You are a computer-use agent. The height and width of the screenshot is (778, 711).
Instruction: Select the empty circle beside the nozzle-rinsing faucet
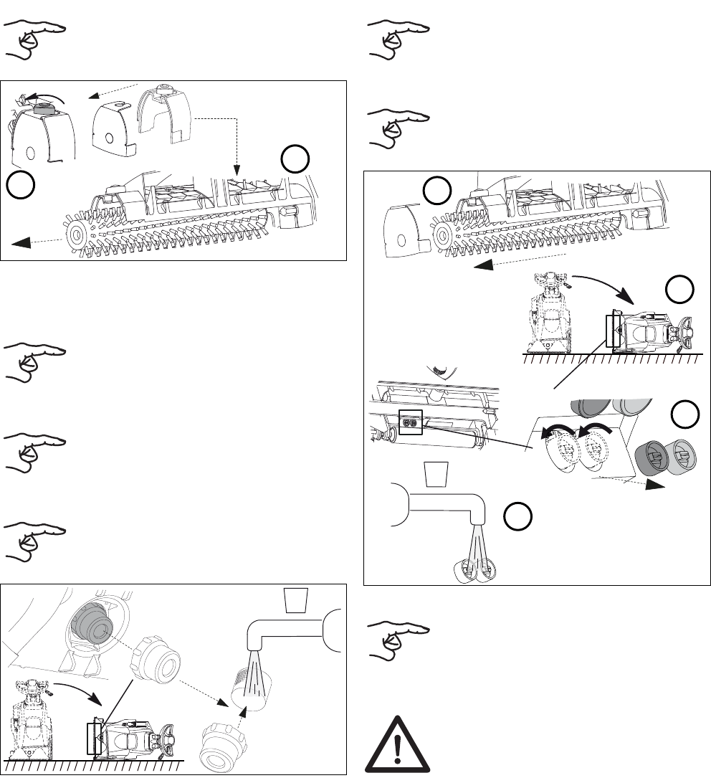(517, 519)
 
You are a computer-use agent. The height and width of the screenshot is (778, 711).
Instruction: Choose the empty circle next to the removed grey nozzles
(685, 414)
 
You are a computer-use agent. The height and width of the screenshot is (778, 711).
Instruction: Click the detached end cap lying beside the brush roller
(405, 225)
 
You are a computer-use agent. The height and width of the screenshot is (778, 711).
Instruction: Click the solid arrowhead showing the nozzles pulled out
(655, 485)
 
